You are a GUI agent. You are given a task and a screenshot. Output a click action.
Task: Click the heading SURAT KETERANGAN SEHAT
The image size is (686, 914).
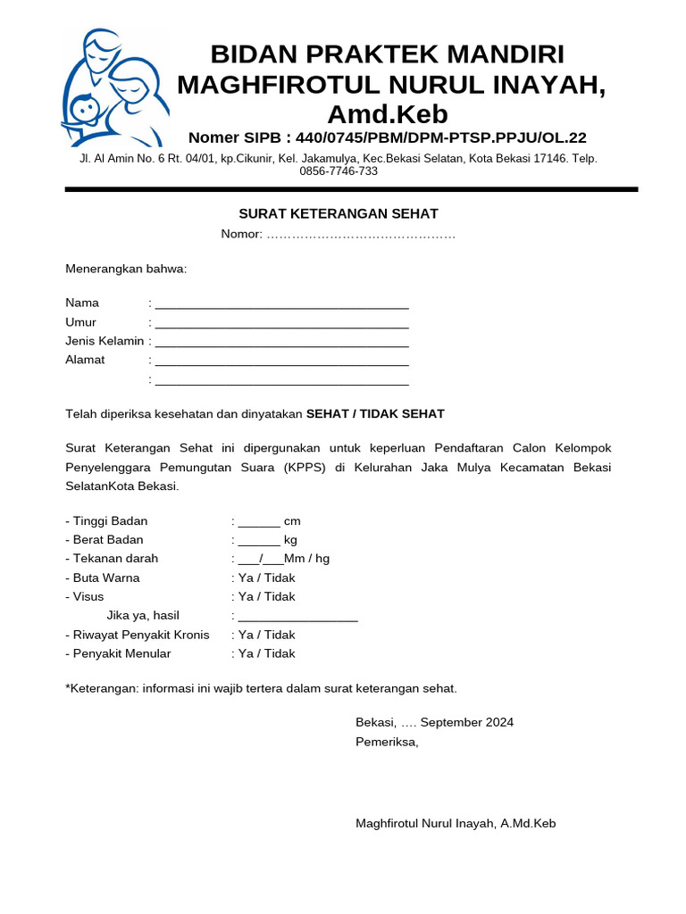[x=339, y=213]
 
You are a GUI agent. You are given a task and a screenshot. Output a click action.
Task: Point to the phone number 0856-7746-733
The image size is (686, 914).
[x=339, y=171]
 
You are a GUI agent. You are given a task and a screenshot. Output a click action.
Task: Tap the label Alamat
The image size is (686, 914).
[x=85, y=360]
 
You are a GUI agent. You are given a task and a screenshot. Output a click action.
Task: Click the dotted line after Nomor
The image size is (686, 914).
[x=361, y=235]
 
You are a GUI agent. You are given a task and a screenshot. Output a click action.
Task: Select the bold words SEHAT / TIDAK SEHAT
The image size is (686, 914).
[x=375, y=414]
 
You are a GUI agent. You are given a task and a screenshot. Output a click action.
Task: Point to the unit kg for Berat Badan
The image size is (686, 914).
[x=290, y=540]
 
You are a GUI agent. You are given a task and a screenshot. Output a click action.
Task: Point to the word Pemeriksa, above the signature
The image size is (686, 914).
[x=387, y=742]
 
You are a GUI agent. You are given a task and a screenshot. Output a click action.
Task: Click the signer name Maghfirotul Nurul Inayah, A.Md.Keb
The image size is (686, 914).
[x=456, y=823]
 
